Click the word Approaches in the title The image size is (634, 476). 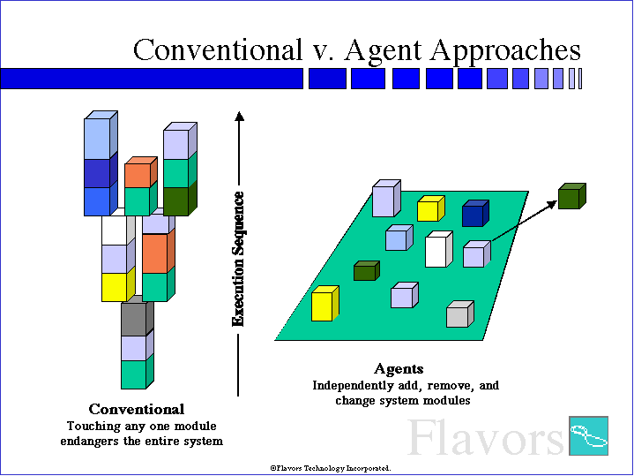pyautogui.click(x=505, y=51)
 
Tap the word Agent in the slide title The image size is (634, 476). pyautogui.click(x=383, y=51)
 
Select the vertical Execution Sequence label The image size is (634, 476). pyautogui.click(x=238, y=260)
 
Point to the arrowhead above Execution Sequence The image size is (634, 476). pyautogui.click(x=239, y=116)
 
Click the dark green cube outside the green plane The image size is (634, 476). pyautogui.click(x=571, y=196)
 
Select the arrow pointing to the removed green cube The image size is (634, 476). pyautogui.click(x=525, y=221)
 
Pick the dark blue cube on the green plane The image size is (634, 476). pyautogui.click(x=475, y=213)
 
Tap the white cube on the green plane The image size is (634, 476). pyautogui.click(x=439, y=249)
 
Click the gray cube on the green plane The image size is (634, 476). pyautogui.click(x=459, y=314)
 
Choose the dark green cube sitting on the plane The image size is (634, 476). pyautogui.click(x=366, y=270)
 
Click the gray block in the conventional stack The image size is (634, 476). pyautogui.click(x=138, y=316)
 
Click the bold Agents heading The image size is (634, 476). pyautogui.click(x=399, y=368)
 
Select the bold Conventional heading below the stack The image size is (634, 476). pyautogui.click(x=137, y=409)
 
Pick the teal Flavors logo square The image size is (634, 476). pyautogui.click(x=588, y=435)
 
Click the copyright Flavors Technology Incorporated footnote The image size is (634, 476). pyautogui.click(x=331, y=468)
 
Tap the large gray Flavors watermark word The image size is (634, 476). pyautogui.click(x=485, y=437)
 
